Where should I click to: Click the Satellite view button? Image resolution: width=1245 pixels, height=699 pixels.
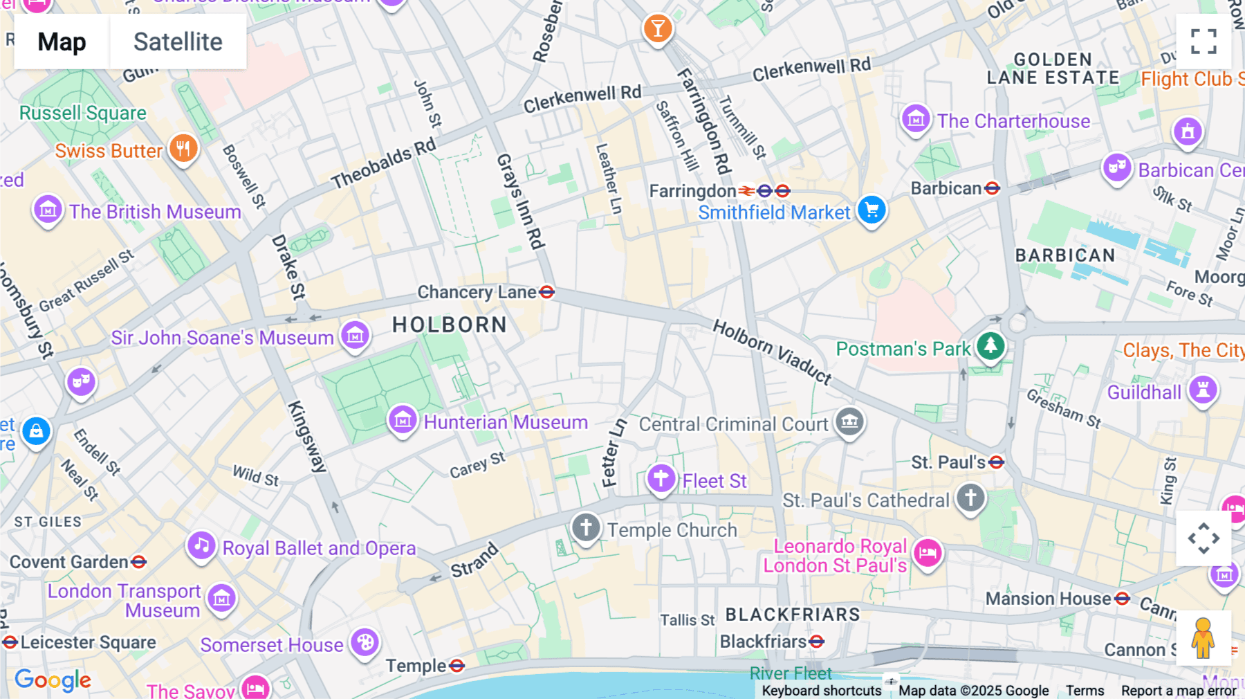(x=178, y=42)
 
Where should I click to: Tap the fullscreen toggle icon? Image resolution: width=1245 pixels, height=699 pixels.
(x=1203, y=42)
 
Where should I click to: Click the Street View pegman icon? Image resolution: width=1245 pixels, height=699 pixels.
(x=1203, y=638)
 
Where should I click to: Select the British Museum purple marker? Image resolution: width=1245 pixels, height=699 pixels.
(x=48, y=210)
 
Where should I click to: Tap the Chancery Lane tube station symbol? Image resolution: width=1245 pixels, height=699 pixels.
(x=546, y=292)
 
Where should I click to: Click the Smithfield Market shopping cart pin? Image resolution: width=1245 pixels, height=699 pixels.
(x=871, y=210)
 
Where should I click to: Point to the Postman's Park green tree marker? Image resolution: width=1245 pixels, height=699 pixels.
(x=990, y=346)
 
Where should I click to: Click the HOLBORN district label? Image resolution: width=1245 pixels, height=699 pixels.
(x=450, y=325)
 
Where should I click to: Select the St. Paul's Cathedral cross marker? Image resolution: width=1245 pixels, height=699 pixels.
(x=970, y=498)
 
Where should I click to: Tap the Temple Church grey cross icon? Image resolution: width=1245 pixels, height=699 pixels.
(x=586, y=528)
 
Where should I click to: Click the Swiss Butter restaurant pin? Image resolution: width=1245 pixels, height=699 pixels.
(x=183, y=149)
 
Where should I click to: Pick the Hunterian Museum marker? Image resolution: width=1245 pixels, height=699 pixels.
(x=403, y=420)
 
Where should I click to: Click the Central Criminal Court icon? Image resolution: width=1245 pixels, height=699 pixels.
(x=849, y=421)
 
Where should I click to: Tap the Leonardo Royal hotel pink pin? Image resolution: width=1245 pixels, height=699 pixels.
(x=928, y=553)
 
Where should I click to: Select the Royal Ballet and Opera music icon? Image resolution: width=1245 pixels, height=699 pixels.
(x=201, y=546)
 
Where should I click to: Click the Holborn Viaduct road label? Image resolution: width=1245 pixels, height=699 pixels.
(x=772, y=352)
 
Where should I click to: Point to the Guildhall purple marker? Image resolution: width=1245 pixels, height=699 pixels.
(x=1203, y=391)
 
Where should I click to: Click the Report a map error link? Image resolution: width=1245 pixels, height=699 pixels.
(x=1178, y=691)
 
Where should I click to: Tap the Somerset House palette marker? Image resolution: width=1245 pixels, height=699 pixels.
(x=365, y=643)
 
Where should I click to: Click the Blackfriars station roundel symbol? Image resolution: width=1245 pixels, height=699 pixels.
(x=817, y=642)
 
